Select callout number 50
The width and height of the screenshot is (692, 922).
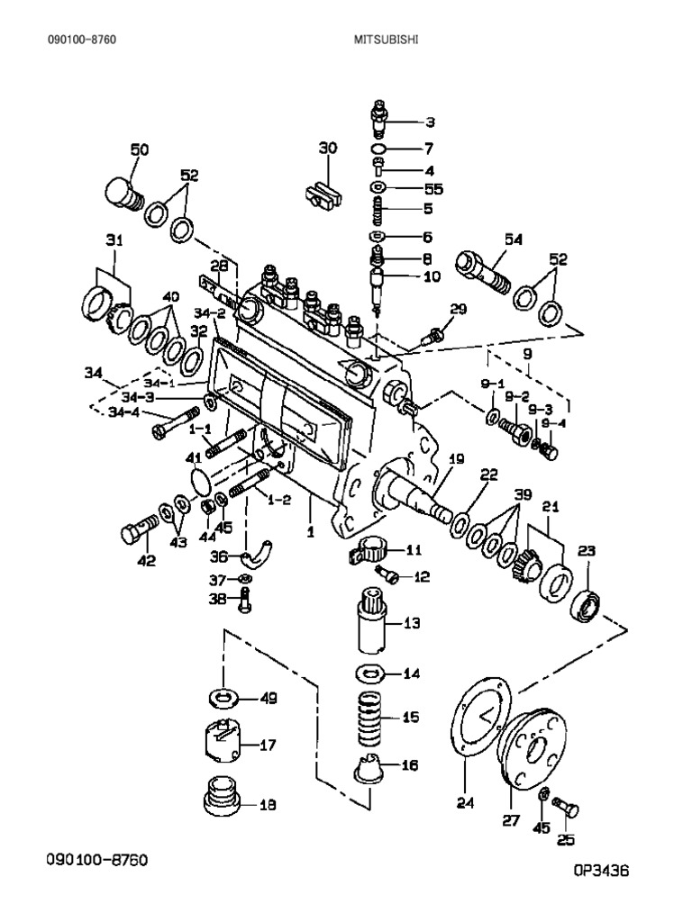[140, 149]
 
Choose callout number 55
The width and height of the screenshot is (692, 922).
[433, 188]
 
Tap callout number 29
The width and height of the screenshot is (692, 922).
[458, 311]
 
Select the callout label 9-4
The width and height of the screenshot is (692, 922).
[555, 422]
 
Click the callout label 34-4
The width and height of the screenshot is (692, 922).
[123, 413]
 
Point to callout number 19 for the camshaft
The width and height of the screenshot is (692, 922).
[456, 459]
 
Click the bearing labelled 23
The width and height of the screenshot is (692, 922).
[587, 604]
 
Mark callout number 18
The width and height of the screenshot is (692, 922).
[267, 804]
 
